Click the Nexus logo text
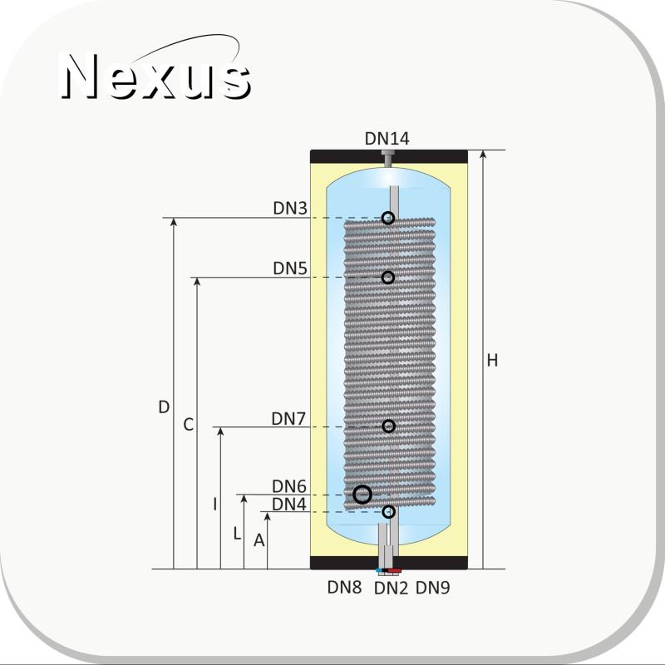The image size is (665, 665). click(x=156, y=76)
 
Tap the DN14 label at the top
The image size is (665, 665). click(x=387, y=139)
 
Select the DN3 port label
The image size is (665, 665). click(x=290, y=209)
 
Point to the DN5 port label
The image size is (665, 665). click(x=290, y=268)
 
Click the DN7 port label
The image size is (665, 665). click(x=288, y=419)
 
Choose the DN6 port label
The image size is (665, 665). click(x=288, y=486)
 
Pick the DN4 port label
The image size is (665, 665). click(x=288, y=505)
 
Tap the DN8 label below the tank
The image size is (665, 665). click(x=344, y=588)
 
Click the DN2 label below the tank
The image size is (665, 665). click(x=391, y=589)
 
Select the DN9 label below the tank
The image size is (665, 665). click(x=432, y=588)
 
